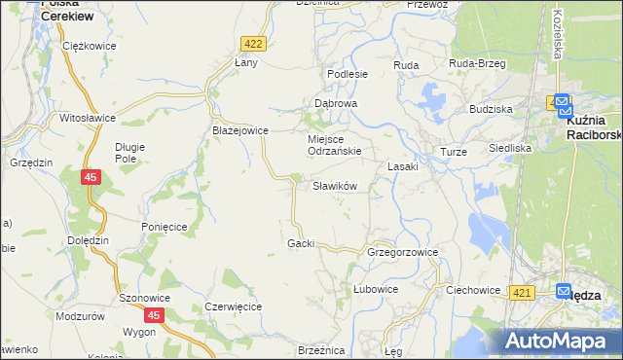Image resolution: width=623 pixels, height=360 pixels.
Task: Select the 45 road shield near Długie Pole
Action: [91, 177]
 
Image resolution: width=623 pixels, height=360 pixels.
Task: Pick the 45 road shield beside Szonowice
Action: [154, 315]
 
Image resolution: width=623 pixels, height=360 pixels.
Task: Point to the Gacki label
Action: [301, 242]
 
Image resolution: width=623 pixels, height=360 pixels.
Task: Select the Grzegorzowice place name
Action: [402, 252]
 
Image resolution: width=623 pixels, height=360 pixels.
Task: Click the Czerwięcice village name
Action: [233, 306]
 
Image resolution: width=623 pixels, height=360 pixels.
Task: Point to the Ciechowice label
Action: [472, 290]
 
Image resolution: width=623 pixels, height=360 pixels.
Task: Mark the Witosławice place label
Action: [88, 118]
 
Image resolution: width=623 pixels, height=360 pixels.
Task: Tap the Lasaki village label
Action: [402, 166]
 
